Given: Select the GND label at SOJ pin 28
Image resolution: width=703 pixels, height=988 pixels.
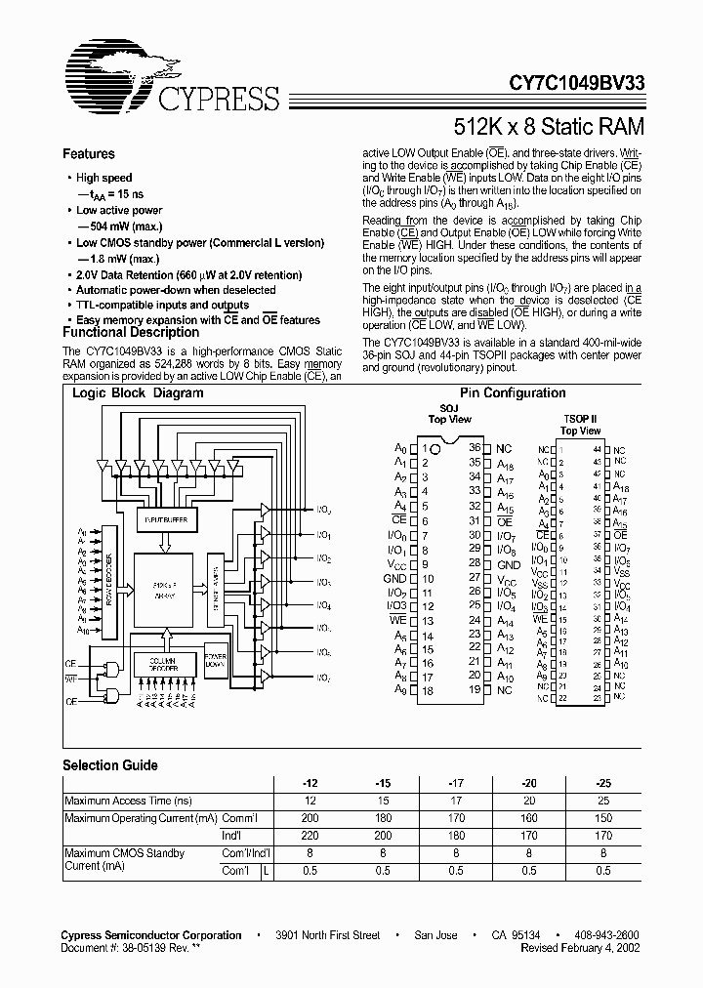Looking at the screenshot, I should click(x=509, y=564).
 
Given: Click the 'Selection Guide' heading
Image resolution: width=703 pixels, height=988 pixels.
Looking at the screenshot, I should click(x=110, y=765).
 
